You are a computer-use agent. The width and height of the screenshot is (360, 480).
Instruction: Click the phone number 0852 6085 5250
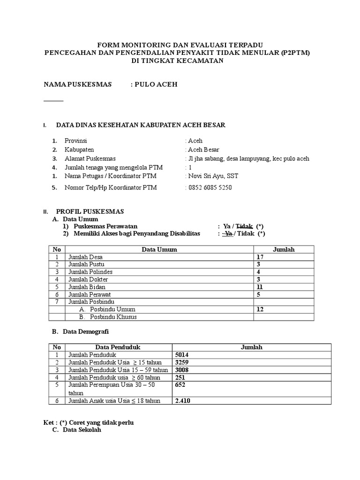(210, 187)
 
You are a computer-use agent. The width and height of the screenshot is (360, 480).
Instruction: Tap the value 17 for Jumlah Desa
(261, 257)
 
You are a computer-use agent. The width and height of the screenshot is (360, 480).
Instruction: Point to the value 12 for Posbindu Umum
(261, 309)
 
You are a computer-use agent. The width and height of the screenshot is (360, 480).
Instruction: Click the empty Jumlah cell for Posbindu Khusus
(284, 317)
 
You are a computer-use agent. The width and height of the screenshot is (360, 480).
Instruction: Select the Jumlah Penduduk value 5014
(181, 355)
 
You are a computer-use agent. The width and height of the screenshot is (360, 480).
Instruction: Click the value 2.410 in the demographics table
(183, 401)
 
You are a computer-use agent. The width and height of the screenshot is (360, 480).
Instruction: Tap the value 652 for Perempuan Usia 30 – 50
(180, 385)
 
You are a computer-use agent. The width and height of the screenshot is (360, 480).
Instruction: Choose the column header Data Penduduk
(118, 347)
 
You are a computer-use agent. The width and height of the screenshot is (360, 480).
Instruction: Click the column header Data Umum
(159, 249)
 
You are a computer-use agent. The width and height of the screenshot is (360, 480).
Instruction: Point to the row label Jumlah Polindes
(90, 272)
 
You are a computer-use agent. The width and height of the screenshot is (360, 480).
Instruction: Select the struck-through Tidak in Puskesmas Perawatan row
(245, 226)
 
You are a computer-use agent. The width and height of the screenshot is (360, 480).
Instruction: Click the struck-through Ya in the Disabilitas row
(228, 233)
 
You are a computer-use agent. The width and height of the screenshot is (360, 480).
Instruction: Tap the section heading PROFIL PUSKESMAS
(90, 211)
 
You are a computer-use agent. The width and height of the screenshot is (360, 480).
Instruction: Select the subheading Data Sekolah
(82, 430)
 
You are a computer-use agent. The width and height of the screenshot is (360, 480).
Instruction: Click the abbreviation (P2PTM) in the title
(295, 53)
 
